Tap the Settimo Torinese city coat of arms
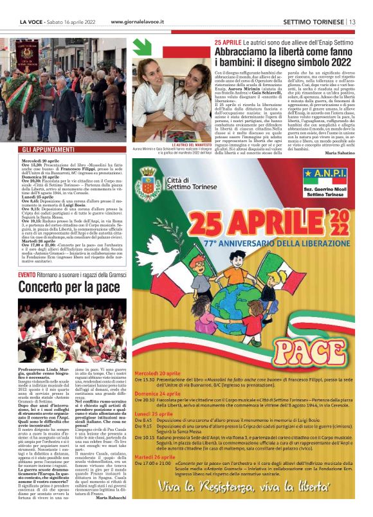coord(152,188)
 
